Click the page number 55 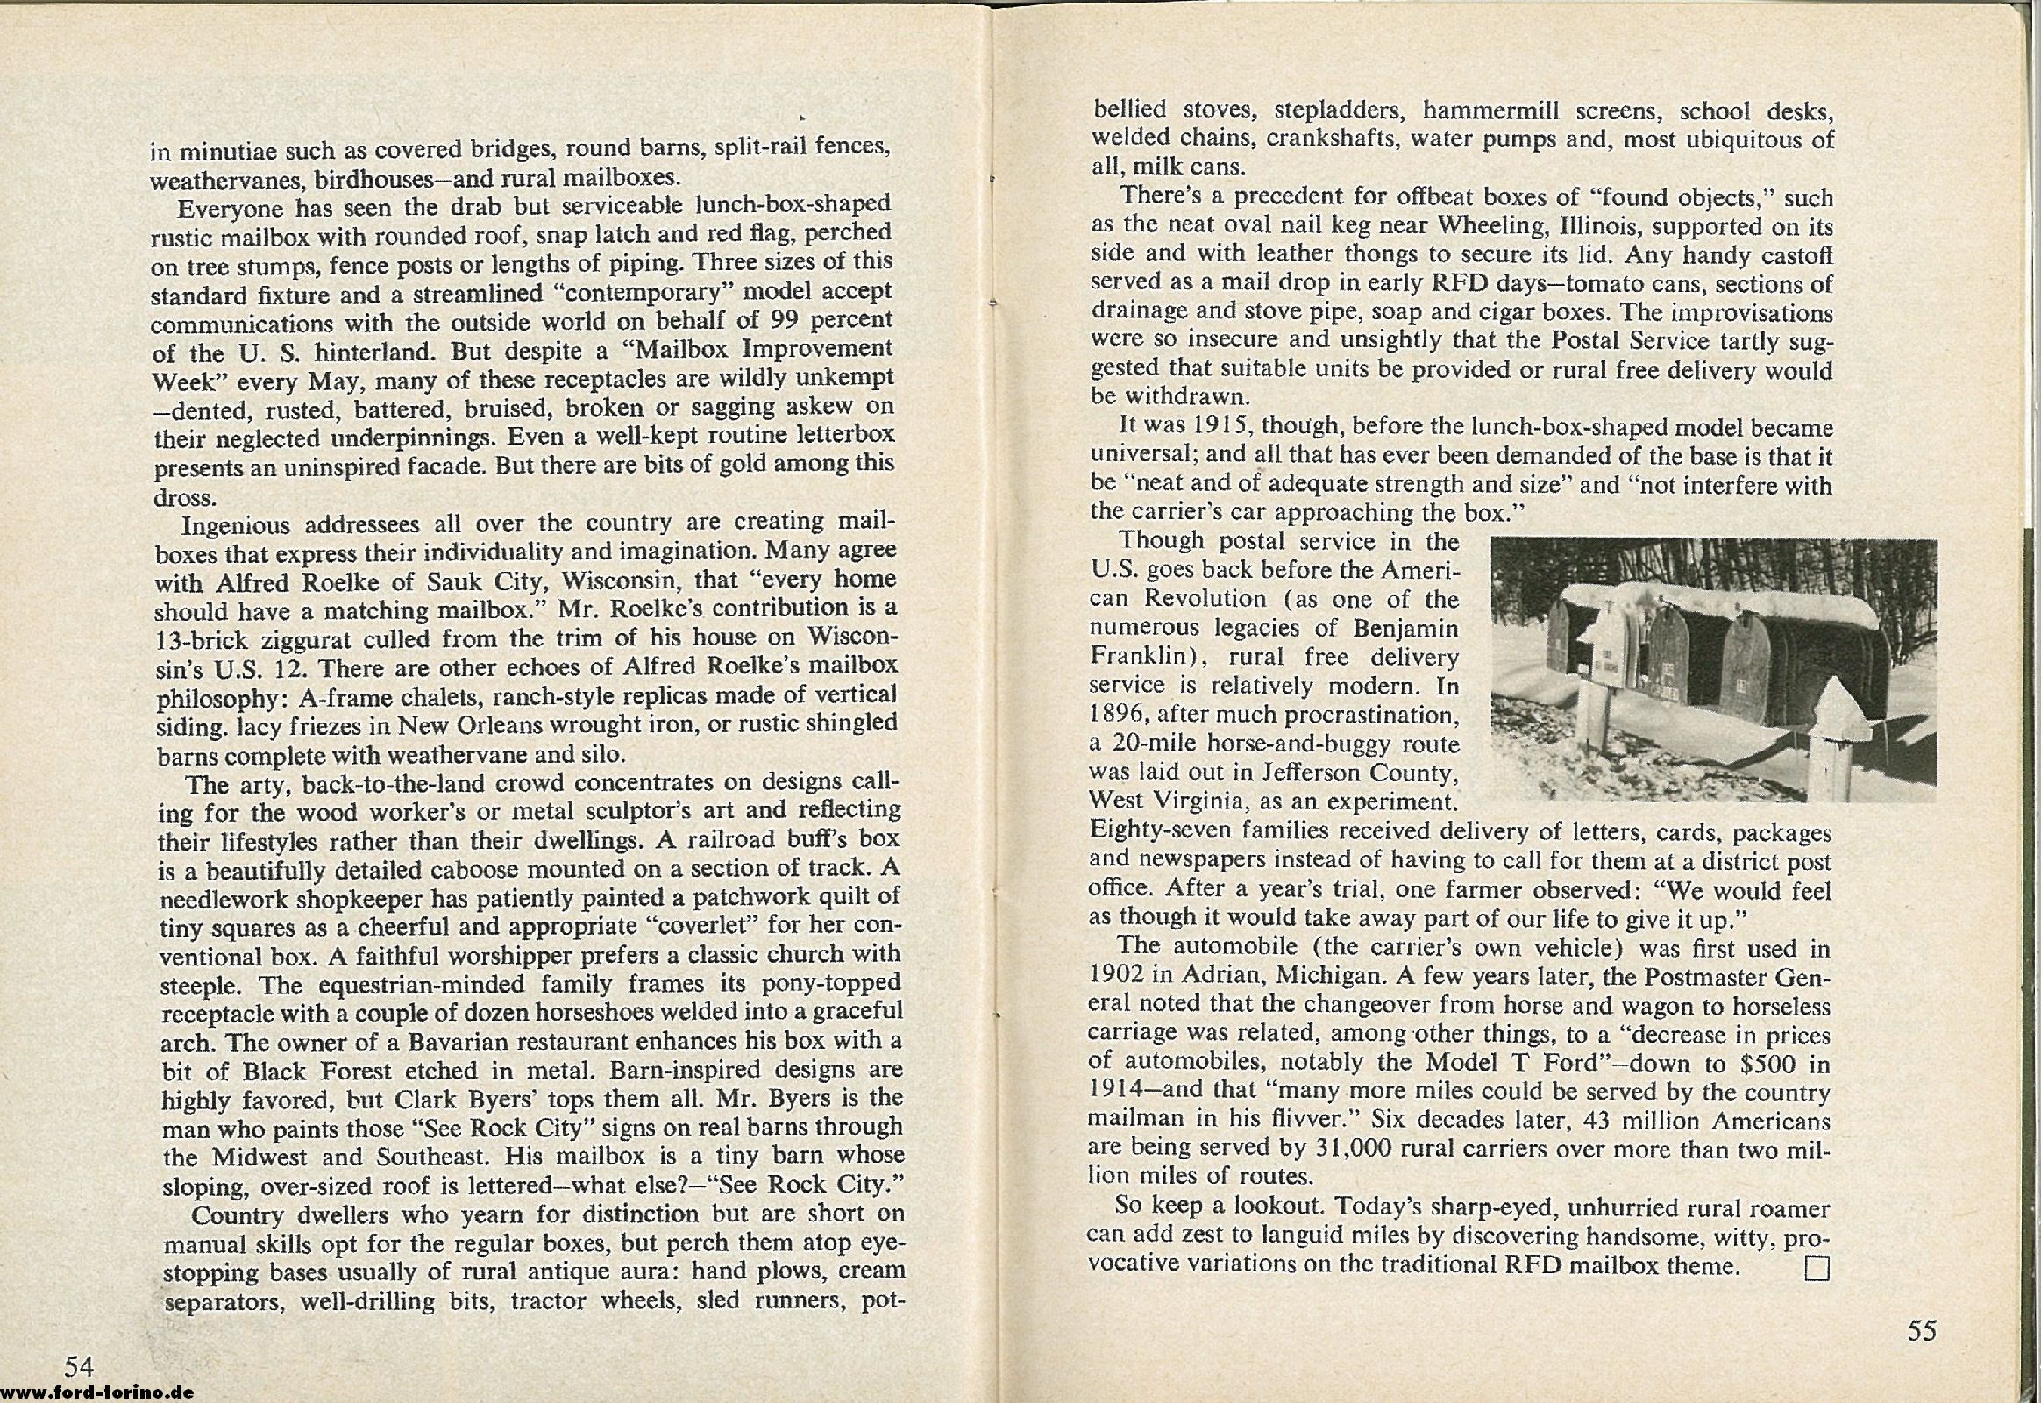tap(1923, 1330)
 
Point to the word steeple tap(201, 984)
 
